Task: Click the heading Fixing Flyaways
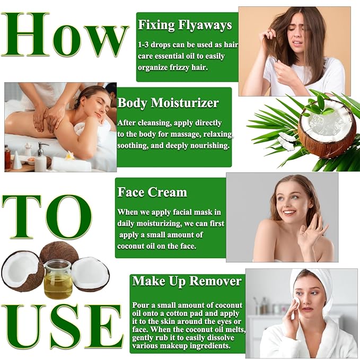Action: point(185,24)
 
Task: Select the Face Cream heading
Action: point(152,192)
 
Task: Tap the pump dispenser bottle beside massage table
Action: point(40,159)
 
